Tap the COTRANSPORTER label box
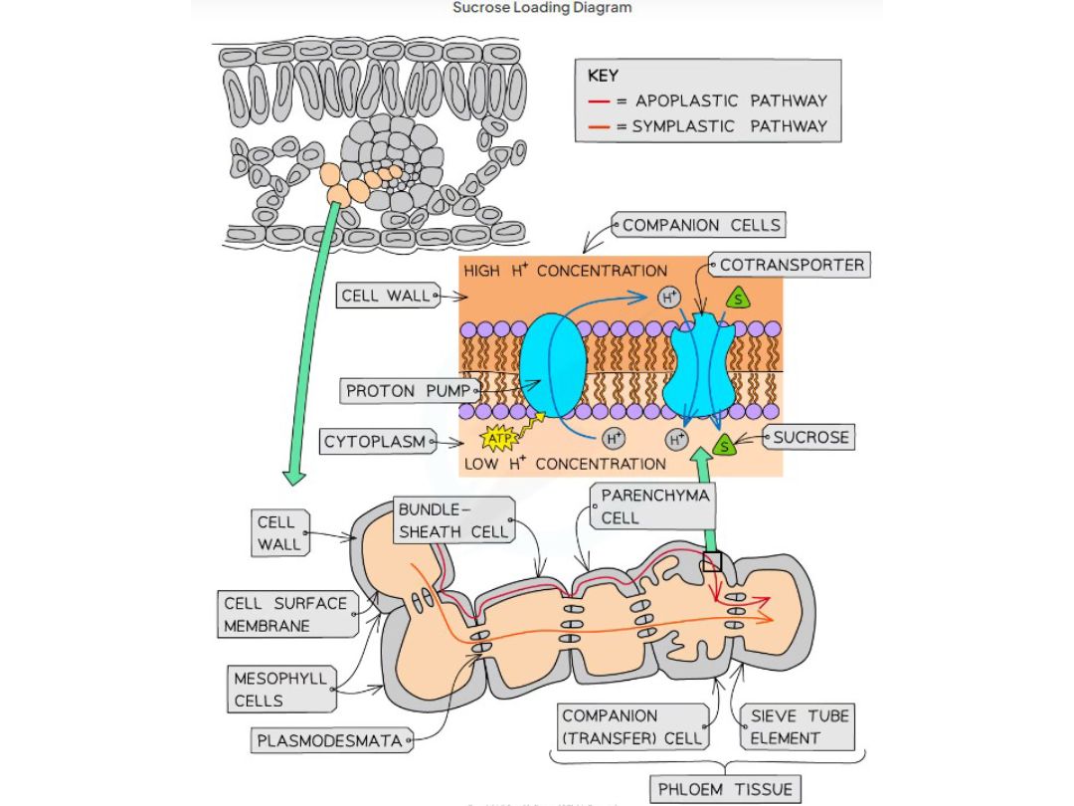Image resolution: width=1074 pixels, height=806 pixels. (791, 266)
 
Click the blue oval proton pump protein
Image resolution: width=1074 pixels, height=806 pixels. (555, 367)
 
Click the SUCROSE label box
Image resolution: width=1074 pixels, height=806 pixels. (811, 437)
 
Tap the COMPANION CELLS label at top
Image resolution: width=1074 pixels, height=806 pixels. (700, 225)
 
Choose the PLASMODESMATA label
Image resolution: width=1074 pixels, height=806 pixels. (329, 740)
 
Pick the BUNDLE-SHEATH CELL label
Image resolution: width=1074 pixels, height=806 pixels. (452, 520)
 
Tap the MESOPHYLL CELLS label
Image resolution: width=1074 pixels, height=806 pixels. (279, 690)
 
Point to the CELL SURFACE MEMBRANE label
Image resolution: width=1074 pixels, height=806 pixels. (285, 615)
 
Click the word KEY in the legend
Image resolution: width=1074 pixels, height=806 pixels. (603, 76)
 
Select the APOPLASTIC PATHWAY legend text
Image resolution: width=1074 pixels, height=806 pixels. (731, 101)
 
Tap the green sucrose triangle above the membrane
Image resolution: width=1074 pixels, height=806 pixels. (737, 298)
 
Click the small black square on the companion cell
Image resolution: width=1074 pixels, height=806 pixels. (712, 562)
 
